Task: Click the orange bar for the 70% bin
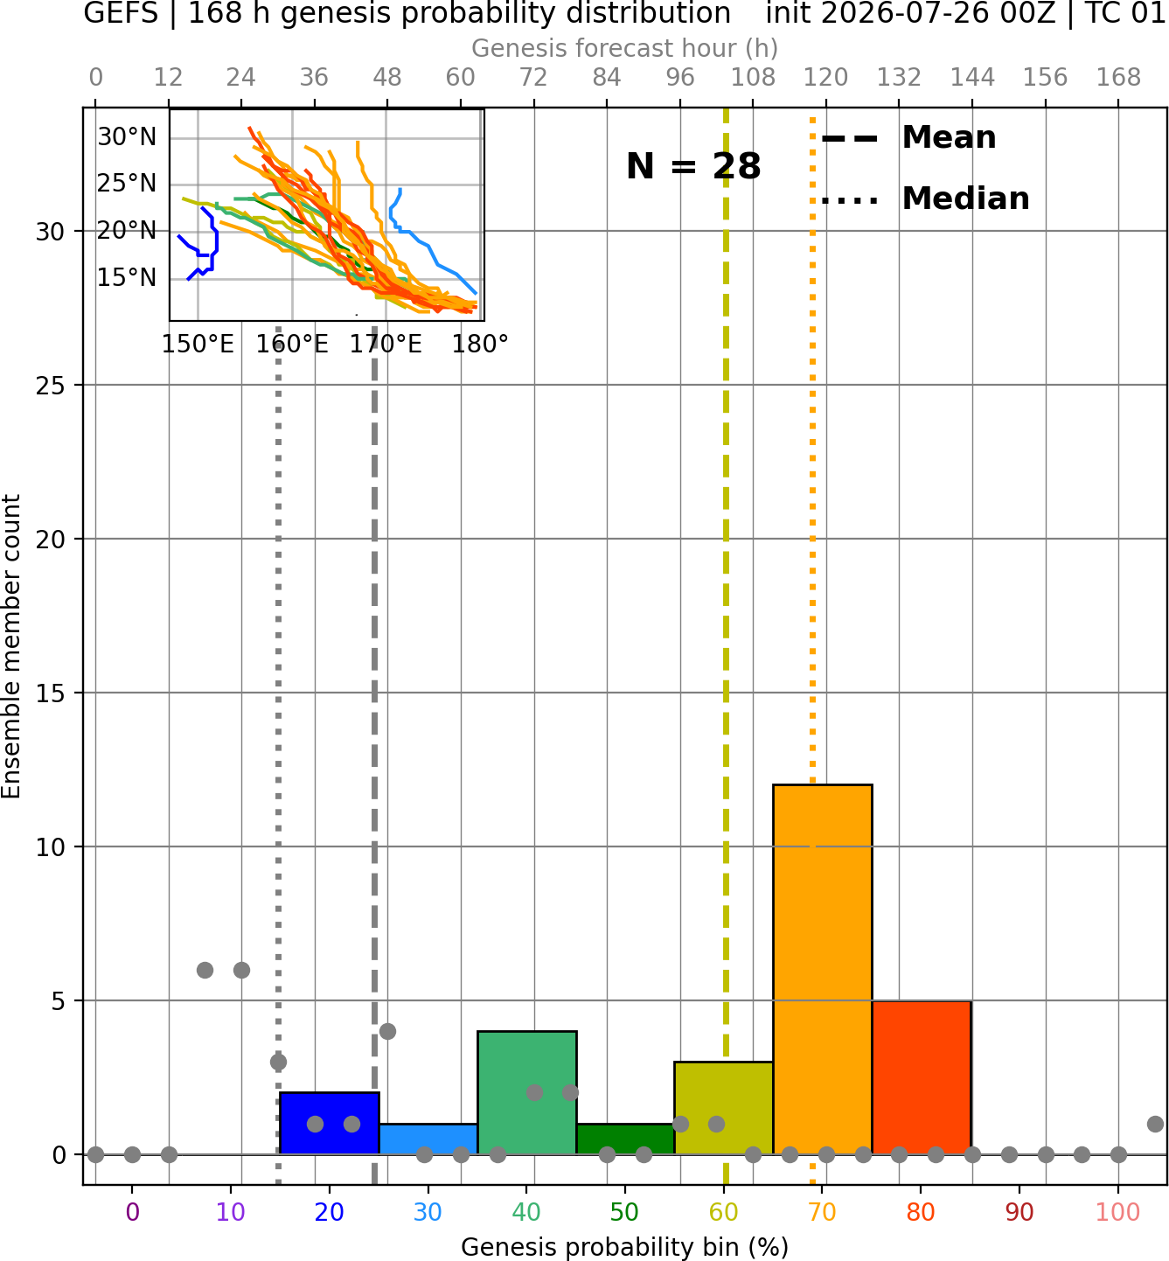tap(822, 970)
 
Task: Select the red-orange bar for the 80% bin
tap(922, 1077)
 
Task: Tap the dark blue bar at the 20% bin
tap(330, 1123)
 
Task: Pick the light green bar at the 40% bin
tap(527, 1093)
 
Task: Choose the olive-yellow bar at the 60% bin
tap(724, 1108)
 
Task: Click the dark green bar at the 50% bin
tap(625, 1139)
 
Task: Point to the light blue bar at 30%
tap(428, 1139)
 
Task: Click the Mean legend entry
tap(908, 138)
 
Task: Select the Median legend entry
tap(925, 199)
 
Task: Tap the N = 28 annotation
tap(692, 166)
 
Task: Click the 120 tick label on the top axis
tap(825, 78)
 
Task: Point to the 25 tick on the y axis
tap(50, 386)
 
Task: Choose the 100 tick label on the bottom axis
tap(1118, 1213)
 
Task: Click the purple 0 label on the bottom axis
tap(132, 1213)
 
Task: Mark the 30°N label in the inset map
tap(127, 137)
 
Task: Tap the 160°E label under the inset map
tap(292, 345)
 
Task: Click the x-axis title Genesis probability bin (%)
tap(625, 1247)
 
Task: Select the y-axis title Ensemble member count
tap(11, 647)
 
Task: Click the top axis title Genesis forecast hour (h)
tap(625, 48)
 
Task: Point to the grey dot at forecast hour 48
tap(387, 1031)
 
